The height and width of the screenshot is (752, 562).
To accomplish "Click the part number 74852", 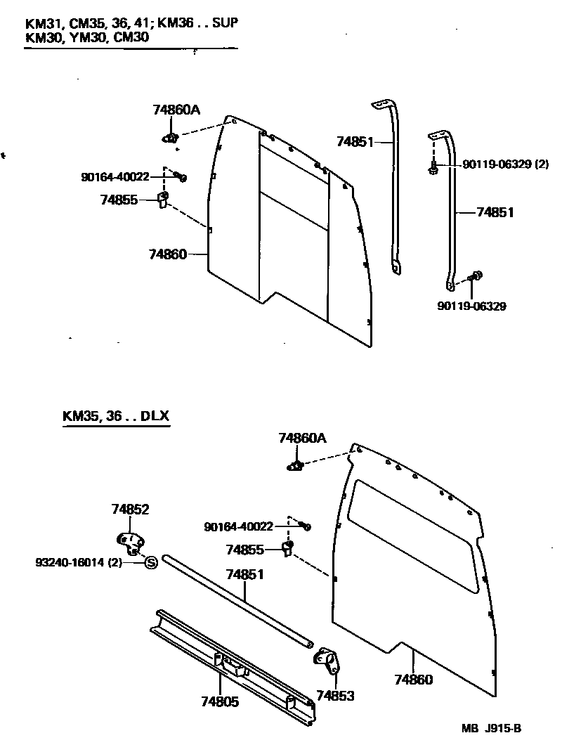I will (131, 510).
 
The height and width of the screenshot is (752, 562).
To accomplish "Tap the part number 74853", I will (335, 696).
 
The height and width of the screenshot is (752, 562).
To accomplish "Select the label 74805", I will (219, 701).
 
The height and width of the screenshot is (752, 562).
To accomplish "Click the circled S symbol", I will (150, 562).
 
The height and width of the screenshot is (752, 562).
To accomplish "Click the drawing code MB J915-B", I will (491, 728).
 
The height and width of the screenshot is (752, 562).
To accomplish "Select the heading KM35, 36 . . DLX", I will (116, 415).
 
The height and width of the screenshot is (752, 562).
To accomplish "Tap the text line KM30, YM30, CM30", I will (87, 37).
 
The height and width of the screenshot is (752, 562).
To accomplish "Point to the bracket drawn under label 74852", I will (129, 542).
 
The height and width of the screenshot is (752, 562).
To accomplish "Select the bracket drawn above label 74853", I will (327, 660).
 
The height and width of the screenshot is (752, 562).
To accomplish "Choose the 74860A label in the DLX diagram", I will (303, 438).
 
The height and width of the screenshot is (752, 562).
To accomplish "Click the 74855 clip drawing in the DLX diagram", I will (287, 548).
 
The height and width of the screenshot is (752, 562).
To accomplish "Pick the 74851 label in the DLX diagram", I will (244, 575).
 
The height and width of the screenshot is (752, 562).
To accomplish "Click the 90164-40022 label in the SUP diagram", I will (115, 176).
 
